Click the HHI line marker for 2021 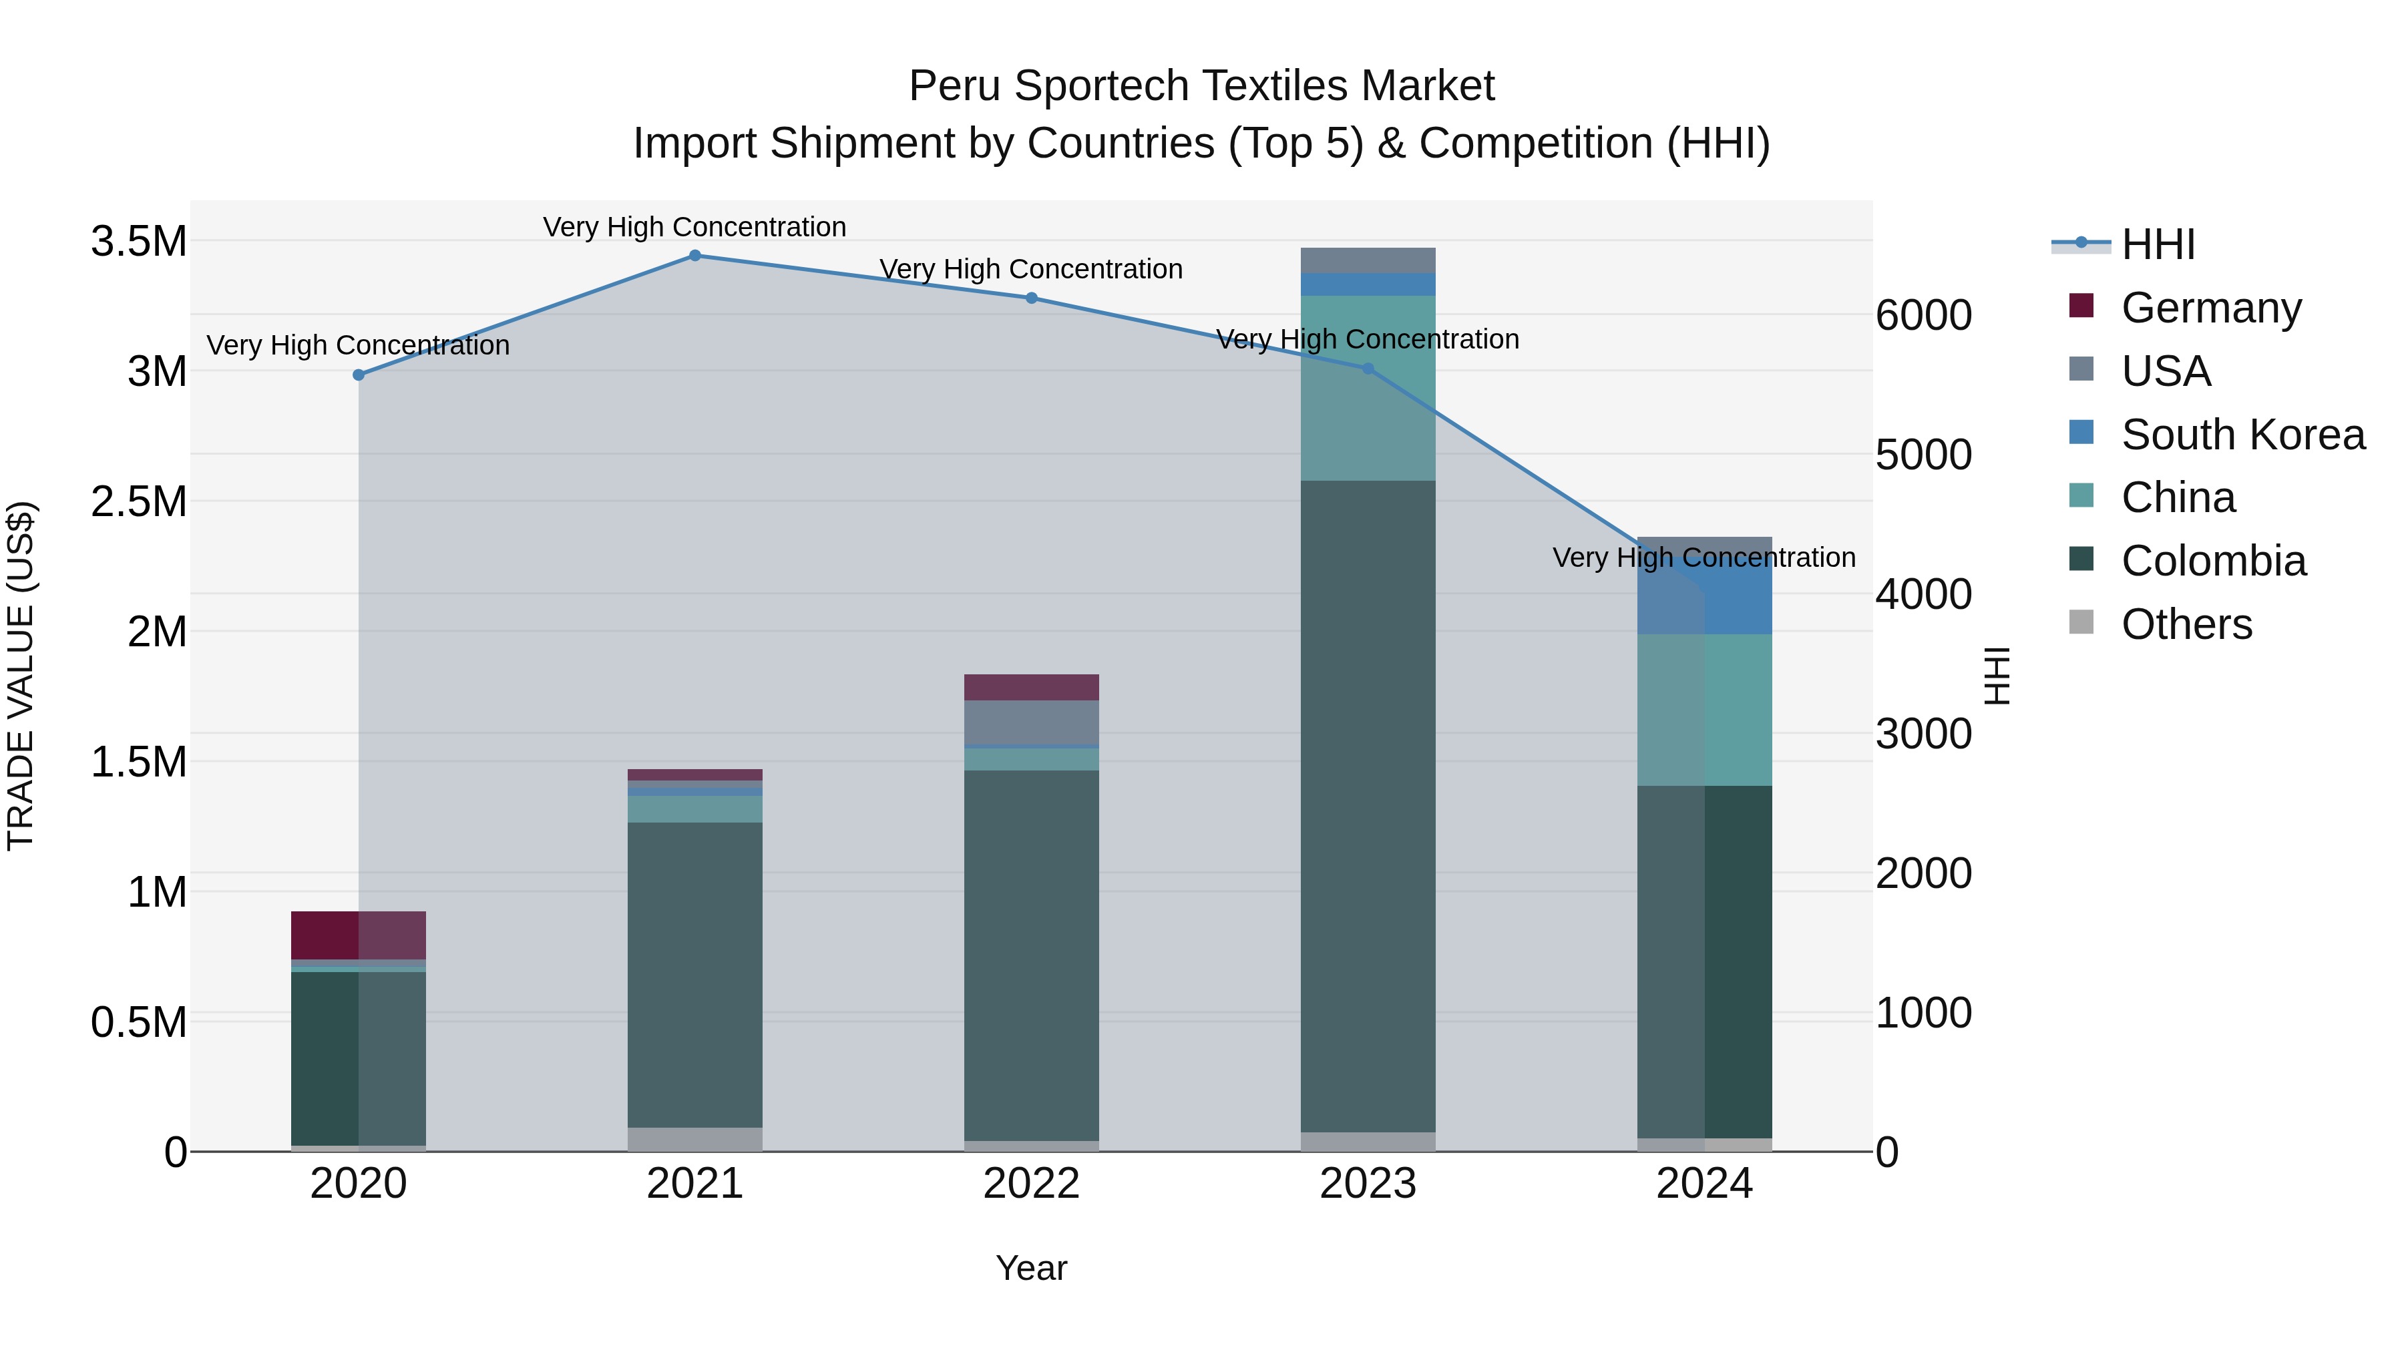coord(694,256)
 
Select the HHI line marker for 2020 coord(359,375)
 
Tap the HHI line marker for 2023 coord(1368,369)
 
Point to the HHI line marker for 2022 coord(1031,298)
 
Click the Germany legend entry coord(2211,308)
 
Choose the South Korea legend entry coord(2242,435)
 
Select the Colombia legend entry coord(2213,561)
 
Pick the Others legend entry coord(2186,624)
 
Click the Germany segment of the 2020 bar coord(359,935)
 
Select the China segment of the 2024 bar coord(1704,710)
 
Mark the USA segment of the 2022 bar coord(1031,722)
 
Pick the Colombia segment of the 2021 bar coord(694,974)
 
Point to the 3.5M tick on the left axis coord(139,242)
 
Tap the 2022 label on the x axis coord(1031,1184)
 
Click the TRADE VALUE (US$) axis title coord(21,676)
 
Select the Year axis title coord(1031,1268)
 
